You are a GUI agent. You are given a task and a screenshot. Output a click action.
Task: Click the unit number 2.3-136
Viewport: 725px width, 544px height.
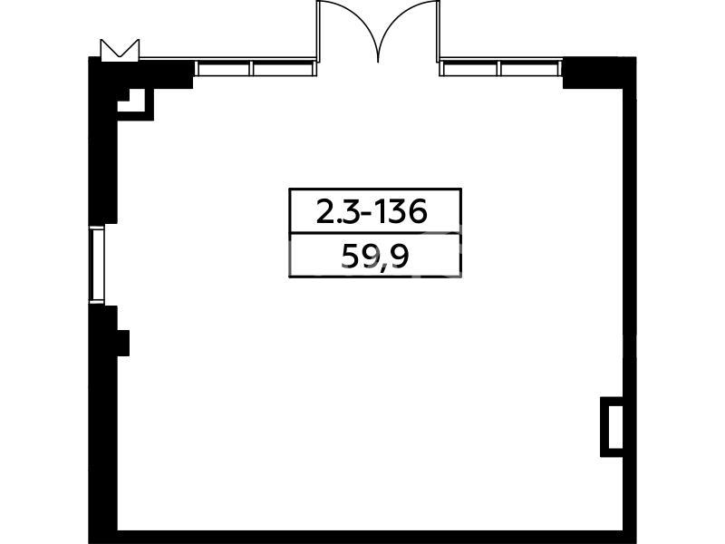point(372,212)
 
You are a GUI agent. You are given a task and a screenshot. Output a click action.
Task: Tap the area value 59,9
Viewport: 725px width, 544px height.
point(375,257)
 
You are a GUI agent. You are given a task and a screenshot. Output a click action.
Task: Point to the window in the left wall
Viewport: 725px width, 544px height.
point(97,265)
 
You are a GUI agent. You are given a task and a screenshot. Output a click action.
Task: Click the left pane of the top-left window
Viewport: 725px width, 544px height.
point(224,69)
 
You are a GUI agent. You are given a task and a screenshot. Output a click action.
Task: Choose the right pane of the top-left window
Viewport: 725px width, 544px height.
point(284,69)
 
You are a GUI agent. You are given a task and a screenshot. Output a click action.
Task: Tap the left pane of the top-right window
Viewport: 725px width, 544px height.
point(469,69)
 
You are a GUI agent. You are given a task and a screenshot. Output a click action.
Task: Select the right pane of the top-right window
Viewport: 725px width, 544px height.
point(530,69)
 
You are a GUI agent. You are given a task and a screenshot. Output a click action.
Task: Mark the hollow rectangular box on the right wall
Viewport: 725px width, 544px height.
point(611,426)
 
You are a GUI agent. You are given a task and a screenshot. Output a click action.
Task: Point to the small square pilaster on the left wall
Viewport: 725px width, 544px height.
point(123,343)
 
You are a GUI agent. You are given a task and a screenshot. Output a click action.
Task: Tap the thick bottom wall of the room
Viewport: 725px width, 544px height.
point(363,537)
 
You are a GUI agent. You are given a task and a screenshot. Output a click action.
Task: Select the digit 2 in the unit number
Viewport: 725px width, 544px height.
point(324,213)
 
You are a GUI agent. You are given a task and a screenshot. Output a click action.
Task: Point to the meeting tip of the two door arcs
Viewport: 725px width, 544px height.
point(378,62)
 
